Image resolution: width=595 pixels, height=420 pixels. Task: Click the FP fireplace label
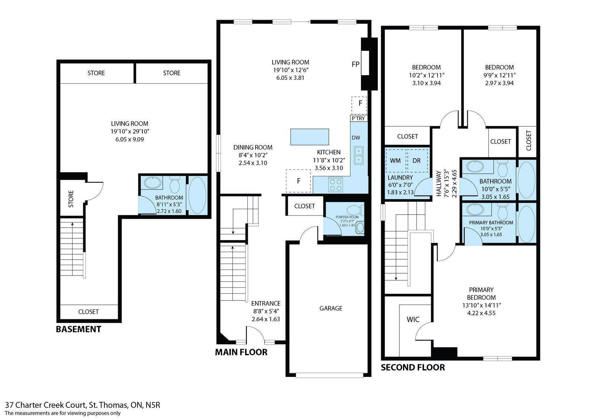pos(356,64)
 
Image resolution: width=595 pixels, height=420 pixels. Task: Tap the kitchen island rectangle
pos(309,137)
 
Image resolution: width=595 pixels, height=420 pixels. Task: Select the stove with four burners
pos(336,185)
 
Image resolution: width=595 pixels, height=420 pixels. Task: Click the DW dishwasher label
pos(356,138)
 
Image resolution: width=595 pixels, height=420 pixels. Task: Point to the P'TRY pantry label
pos(358,118)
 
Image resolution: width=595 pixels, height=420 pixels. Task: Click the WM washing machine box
pos(396,160)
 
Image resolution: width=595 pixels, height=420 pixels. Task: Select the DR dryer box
pos(417,160)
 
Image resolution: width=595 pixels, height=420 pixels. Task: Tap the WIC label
pos(413,319)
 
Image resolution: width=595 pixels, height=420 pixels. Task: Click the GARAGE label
pos(331,308)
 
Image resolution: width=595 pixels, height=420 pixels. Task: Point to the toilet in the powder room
pos(356,210)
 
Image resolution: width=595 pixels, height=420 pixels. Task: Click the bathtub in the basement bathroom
pos(197,195)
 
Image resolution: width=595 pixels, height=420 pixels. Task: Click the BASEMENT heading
pos(78,329)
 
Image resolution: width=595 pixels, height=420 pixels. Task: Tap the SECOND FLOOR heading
pos(413,368)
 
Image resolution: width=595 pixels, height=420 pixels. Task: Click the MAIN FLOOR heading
pos(241,352)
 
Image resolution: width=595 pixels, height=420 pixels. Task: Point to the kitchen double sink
pos(358,155)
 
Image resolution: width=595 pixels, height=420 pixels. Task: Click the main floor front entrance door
pos(255,333)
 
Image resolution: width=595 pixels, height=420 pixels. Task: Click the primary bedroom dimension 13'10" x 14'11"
pos(481,305)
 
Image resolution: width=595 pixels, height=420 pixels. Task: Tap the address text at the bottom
pos(83,405)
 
